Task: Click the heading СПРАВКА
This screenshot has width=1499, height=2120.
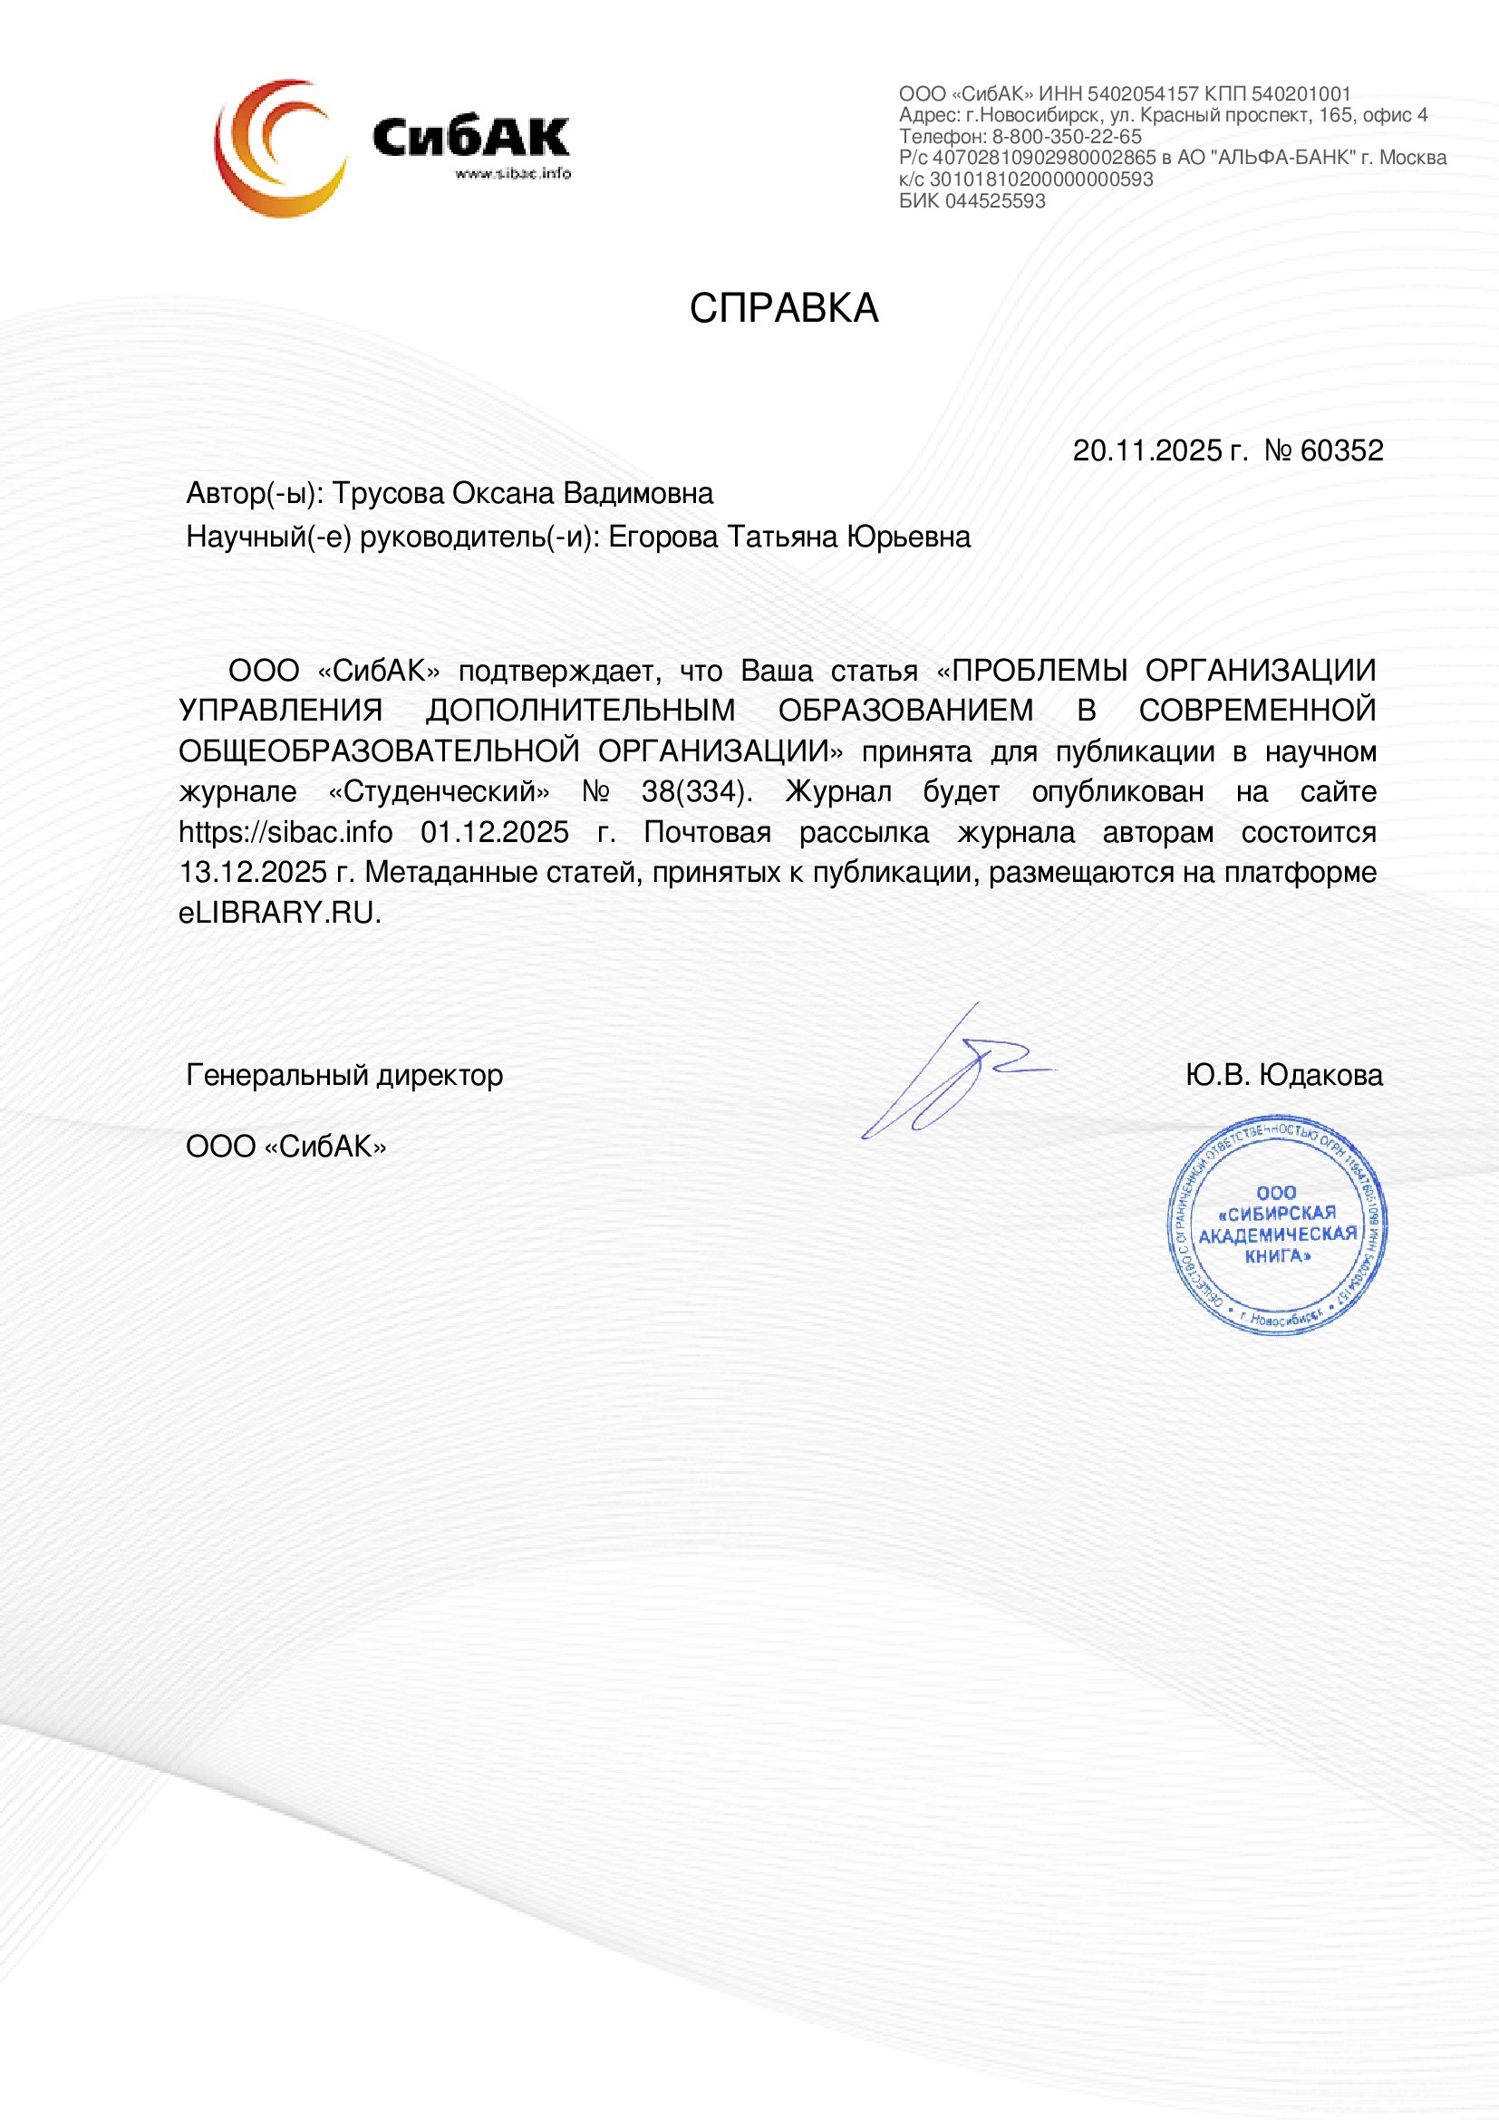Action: (x=783, y=308)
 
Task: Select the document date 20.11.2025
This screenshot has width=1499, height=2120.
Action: (x=1147, y=450)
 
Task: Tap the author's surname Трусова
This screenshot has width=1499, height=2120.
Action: (x=388, y=494)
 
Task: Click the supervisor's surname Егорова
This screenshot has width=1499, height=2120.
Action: (x=664, y=537)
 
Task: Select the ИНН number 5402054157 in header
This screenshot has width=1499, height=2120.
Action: (x=1143, y=94)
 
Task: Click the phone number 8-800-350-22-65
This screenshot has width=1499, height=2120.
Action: (x=1066, y=137)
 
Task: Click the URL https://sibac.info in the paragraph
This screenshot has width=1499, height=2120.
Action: (x=285, y=833)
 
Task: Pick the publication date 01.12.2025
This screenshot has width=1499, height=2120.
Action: (x=495, y=833)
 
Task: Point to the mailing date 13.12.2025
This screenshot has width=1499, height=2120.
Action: (x=253, y=873)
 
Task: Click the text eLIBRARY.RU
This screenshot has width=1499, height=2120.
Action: (x=279, y=914)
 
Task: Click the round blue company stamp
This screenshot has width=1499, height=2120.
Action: (x=1278, y=1224)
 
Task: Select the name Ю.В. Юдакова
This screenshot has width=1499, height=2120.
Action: (x=1284, y=1076)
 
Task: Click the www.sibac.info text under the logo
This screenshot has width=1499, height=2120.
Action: (x=512, y=174)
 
